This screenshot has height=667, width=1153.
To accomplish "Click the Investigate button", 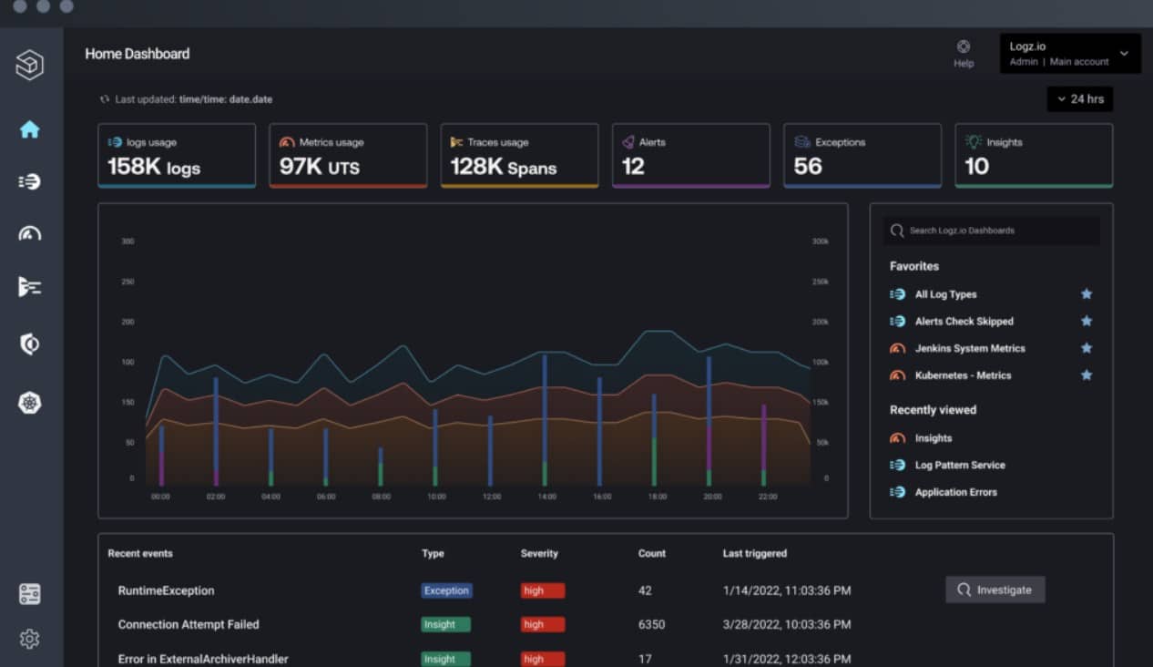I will click(x=995, y=590).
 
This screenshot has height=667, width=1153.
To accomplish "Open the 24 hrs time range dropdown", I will click(x=1079, y=98).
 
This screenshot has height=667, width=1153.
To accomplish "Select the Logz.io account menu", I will click(x=1069, y=54).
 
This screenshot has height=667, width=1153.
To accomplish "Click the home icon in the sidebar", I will click(x=30, y=129).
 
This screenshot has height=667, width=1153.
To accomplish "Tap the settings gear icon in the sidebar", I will click(x=30, y=639).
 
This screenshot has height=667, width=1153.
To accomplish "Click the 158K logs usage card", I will click(x=177, y=156).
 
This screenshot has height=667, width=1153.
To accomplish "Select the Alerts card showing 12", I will click(x=691, y=156).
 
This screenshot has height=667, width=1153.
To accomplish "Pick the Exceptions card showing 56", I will click(x=862, y=156).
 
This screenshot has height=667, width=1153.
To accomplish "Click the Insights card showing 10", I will click(x=1034, y=156).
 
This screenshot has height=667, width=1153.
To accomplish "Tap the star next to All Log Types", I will click(x=1086, y=294).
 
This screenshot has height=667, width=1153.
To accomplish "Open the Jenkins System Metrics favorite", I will click(x=969, y=348).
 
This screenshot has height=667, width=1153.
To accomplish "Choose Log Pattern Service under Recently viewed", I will click(x=959, y=466).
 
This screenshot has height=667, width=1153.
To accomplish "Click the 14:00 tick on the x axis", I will click(x=546, y=497).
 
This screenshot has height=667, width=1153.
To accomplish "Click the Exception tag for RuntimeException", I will click(x=446, y=590).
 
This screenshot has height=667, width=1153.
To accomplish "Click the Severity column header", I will click(x=539, y=553).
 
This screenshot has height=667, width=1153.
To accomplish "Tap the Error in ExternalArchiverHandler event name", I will click(x=203, y=659).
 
